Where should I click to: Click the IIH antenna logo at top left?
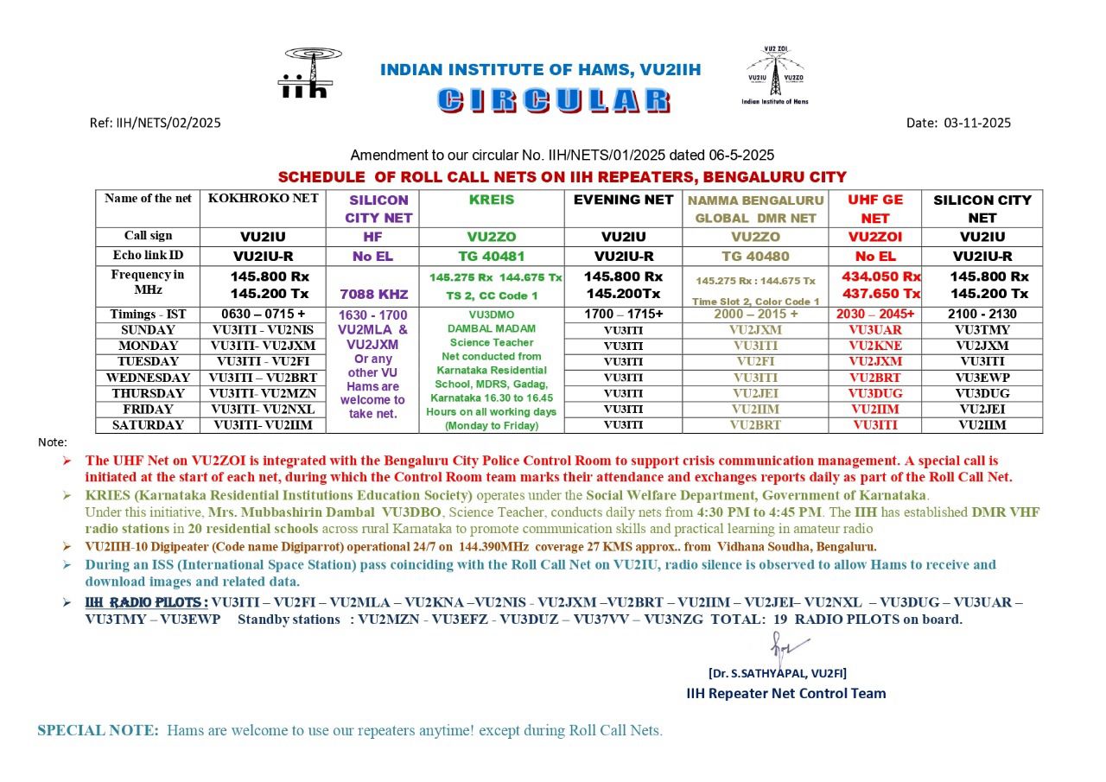304,73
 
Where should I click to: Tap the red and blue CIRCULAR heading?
553,100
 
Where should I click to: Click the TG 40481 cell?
491,256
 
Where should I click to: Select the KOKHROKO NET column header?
263,199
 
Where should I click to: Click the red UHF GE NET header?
874,208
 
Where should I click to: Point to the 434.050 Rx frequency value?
880,277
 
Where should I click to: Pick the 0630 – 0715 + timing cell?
263,314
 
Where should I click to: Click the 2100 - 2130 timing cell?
982,314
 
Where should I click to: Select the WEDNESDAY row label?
148,378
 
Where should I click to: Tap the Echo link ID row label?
148,256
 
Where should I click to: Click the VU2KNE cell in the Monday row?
874,346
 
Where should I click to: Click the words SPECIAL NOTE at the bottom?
98,730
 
